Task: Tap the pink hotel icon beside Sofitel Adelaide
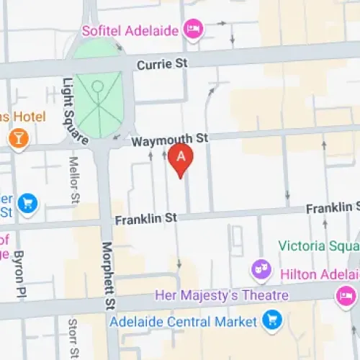click(x=194, y=29)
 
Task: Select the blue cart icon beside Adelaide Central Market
click(x=271, y=318)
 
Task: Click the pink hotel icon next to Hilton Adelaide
click(x=348, y=294)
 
